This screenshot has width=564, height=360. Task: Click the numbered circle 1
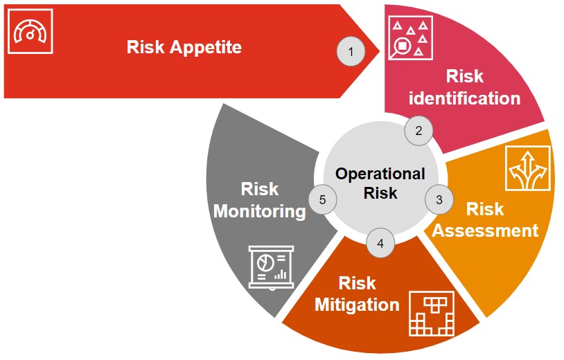coord(351,52)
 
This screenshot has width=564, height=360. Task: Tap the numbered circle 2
coord(418,130)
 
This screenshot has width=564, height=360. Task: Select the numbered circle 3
coord(439,199)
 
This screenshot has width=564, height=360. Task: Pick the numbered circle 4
coord(380,242)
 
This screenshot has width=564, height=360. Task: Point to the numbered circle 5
coord(322,199)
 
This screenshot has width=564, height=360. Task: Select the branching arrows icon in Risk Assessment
coord(527,168)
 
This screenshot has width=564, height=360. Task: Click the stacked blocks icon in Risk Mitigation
coord(432,313)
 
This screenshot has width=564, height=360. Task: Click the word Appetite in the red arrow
coord(208,48)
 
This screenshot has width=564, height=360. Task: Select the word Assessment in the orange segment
coord(485,230)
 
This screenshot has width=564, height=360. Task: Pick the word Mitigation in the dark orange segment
coord(357,305)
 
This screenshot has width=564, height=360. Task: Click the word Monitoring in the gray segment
coord(260,211)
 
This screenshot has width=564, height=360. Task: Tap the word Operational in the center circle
coord(380,174)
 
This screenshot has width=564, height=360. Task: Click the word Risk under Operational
coord(380,193)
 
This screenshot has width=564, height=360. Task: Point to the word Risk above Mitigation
coord(357,283)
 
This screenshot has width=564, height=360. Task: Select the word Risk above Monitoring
coord(260,189)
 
